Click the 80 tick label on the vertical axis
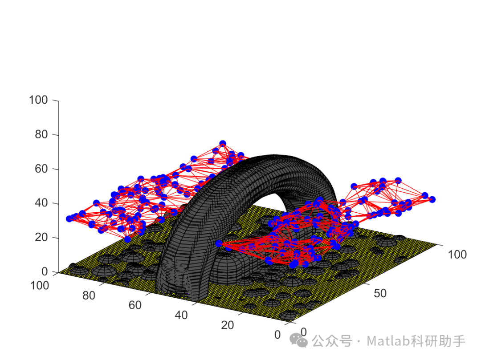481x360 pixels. pyautogui.click(x=41, y=134)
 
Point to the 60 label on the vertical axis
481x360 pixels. pyautogui.click(x=41, y=169)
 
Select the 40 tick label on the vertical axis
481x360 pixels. pyautogui.click(x=41, y=203)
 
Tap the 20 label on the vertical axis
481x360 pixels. pyautogui.click(x=41, y=237)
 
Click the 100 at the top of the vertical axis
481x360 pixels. pyautogui.click(x=38, y=100)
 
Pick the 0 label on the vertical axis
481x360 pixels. pyautogui.click(x=45, y=271)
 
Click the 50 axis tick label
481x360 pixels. pyautogui.click(x=380, y=294)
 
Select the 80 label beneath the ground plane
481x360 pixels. pyautogui.click(x=89, y=295)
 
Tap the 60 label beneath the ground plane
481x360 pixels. pyautogui.click(x=135, y=305)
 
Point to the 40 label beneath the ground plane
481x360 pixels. pyautogui.click(x=181, y=315)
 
